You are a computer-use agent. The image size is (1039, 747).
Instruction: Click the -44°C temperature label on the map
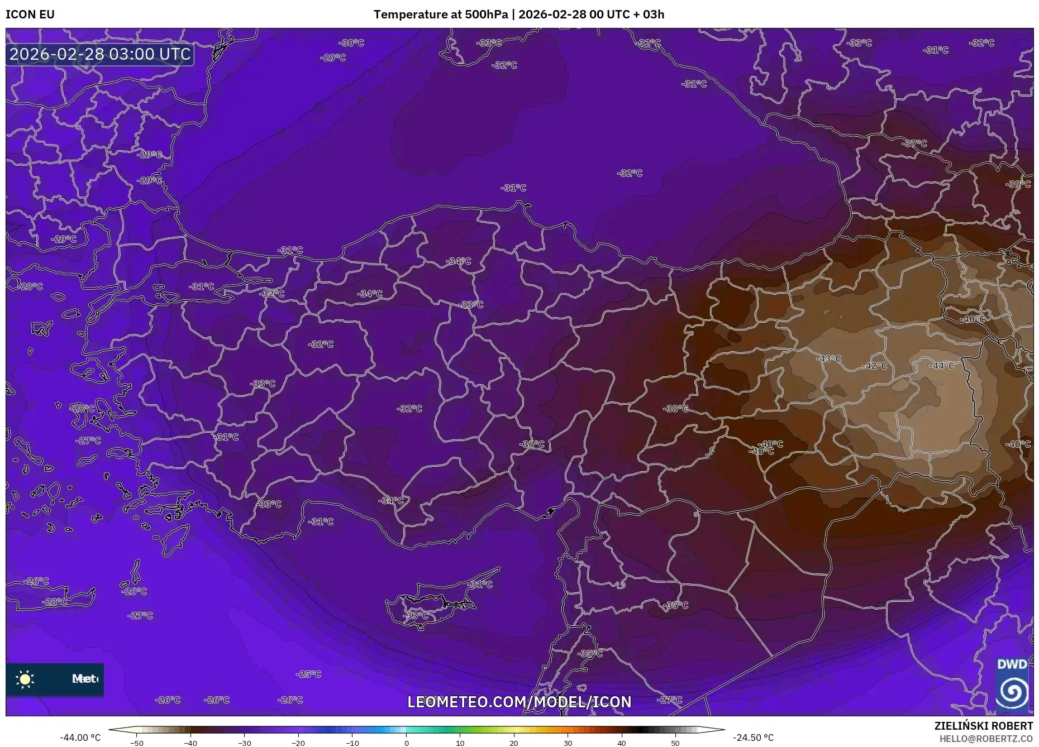click(942, 366)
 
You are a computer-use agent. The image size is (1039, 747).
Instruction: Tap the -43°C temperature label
click(828, 358)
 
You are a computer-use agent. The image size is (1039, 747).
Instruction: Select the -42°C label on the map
click(875, 366)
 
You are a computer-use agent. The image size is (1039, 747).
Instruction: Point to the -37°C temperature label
click(914, 143)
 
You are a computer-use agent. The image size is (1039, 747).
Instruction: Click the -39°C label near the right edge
click(1018, 184)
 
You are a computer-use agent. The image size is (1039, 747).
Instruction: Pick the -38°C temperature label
click(676, 409)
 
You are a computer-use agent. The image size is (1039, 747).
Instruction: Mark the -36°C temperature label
click(532, 444)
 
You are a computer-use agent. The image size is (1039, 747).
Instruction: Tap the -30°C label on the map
click(351, 43)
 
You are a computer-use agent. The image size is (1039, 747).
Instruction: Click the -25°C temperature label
click(308, 674)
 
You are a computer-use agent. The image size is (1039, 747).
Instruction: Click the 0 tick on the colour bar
click(407, 743)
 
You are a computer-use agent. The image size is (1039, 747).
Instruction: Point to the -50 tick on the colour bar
click(137, 743)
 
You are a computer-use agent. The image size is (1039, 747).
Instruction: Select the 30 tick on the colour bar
click(568, 743)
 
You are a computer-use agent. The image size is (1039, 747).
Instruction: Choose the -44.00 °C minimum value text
click(80, 738)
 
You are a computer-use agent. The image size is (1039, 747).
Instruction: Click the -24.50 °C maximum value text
click(753, 738)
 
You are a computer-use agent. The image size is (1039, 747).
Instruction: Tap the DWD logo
click(1012, 685)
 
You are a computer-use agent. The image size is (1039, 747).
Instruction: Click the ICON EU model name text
click(30, 15)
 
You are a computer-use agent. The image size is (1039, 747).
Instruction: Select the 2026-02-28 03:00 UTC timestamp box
click(100, 54)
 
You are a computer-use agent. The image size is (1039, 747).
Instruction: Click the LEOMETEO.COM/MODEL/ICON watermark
click(519, 702)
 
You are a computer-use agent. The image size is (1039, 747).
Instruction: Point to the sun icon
click(25, 679)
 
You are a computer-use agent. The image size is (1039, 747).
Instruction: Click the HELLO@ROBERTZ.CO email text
click(986, 739)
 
